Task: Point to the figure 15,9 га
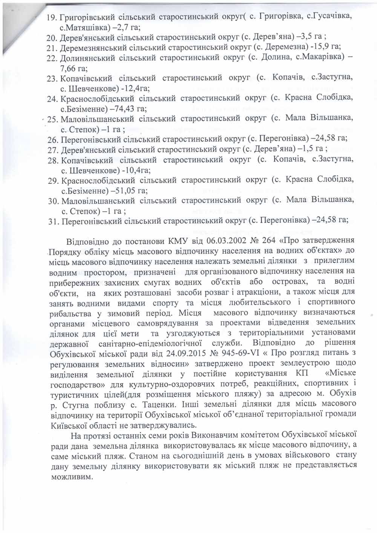tap(326, 47)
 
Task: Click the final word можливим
tap(71, 476)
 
